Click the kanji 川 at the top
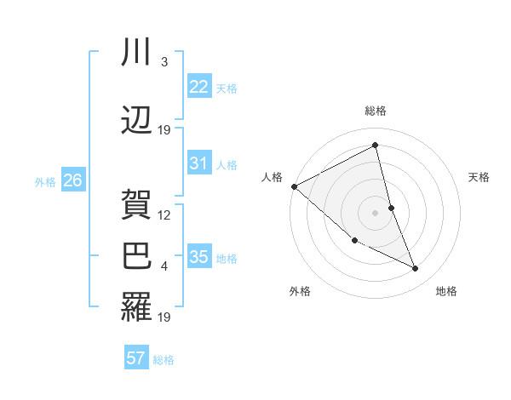[136, 53]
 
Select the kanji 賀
[136, 204]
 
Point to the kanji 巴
[136, 256]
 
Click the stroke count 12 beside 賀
[164, 215]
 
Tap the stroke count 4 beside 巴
[164, 267]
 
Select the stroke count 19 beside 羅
[164, 318]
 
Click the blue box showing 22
[199, 87]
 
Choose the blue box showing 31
[199, 163]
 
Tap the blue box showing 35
[199, 257]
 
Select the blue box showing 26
[72, 180]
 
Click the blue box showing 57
[136, 358]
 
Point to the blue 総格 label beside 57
[164, 360]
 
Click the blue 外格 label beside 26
[45, 181]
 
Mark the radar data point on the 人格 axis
[294, 186]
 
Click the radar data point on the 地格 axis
[416, 269]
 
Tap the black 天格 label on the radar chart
[479, 177]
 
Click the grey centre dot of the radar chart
[375, 212]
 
